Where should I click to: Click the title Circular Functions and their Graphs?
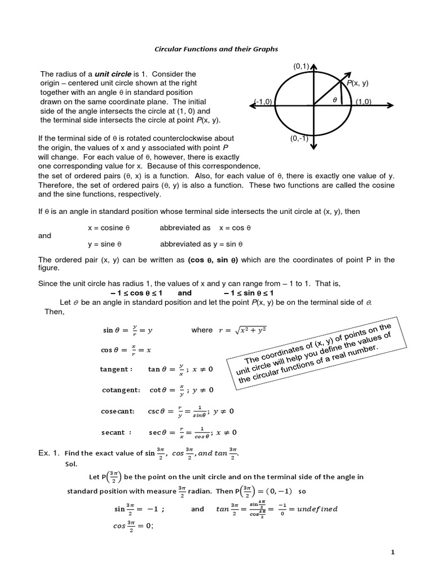point(216,49)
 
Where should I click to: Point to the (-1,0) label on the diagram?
point(263,102)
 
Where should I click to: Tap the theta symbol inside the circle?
point(334,99)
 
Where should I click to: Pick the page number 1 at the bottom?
point(392,553)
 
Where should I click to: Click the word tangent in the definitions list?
point(116,369)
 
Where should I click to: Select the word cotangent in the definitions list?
point(121,390)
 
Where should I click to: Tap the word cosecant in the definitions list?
point(118,411)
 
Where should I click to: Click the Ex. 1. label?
point(48,453)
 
